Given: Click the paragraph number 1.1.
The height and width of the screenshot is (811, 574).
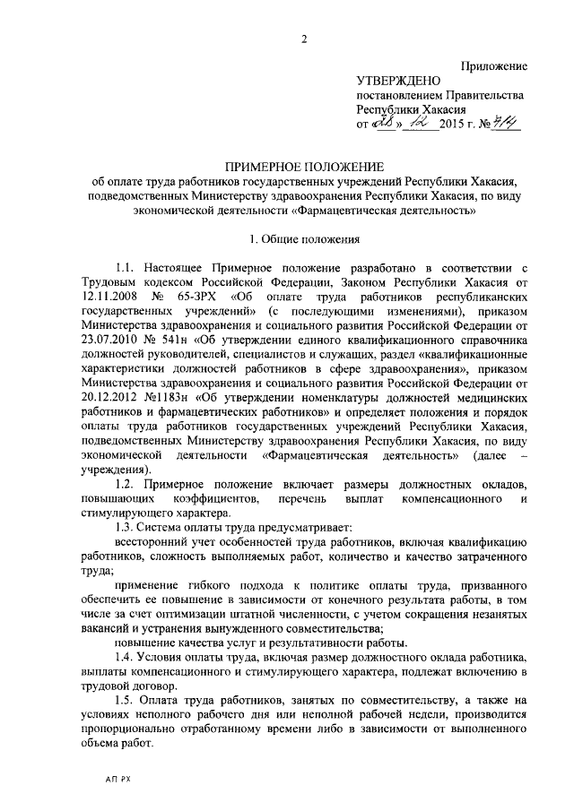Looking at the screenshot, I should (x=126, y=268).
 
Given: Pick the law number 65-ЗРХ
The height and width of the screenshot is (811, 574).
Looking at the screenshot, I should (x=202, y=297).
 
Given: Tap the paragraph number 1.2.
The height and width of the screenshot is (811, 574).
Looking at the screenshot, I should (x=126, y=484).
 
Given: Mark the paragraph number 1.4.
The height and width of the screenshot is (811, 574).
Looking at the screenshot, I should (x=126, y=656).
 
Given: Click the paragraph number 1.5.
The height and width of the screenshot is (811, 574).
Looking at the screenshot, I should (x=126, y=699).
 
